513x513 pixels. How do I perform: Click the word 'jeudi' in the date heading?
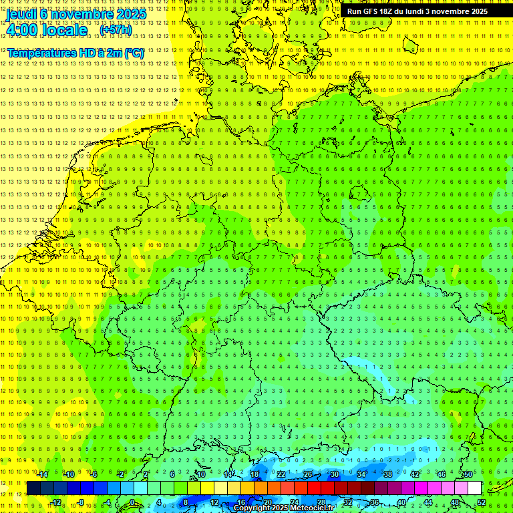tap(21, 13)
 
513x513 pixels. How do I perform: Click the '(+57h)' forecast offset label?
tap(116, 30)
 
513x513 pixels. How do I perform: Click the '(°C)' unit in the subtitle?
tap(134, 53)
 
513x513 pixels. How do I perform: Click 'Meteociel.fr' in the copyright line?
tap(313, 508)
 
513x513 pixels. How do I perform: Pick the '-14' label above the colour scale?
tap(42, 474)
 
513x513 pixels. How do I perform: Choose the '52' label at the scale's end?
tap(482, 503)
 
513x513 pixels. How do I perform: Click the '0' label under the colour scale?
tap(132, 503)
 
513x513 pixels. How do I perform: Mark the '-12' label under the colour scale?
tap(56, 503)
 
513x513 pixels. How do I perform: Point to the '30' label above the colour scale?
tap(334, 474)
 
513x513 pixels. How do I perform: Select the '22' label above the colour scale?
tap(281, 474)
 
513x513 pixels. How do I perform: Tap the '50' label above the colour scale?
tap(468, 474)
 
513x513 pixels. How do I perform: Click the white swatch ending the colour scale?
tap(474, 488)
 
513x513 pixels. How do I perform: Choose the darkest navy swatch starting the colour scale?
tap(33, 488)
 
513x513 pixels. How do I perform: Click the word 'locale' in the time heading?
tap(63, 30)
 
